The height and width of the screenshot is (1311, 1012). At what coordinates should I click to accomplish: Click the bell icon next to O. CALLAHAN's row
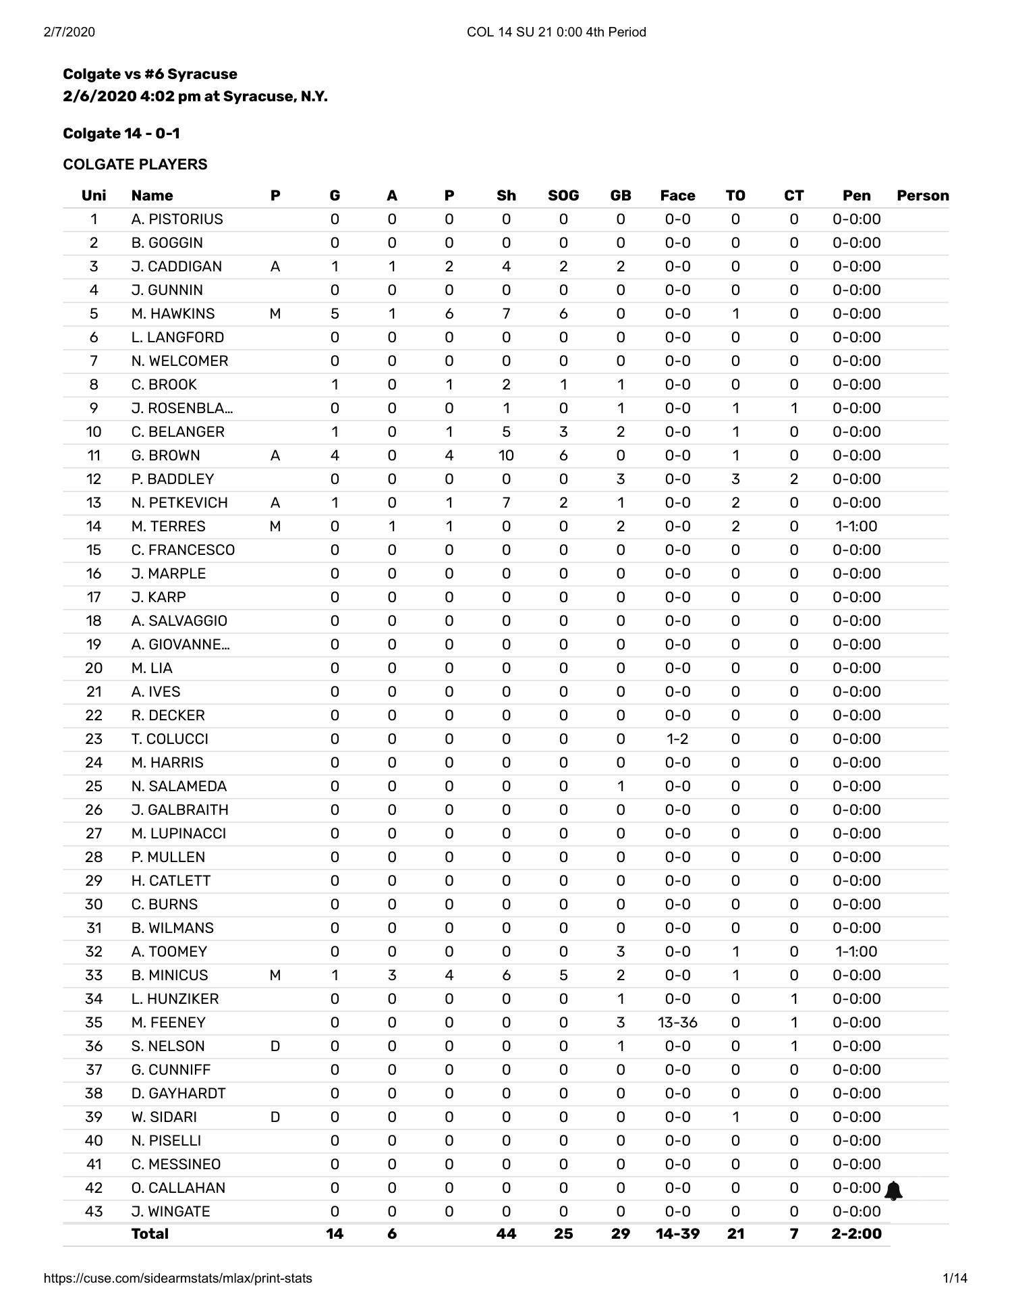pos(893,1191)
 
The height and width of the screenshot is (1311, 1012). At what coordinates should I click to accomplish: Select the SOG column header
pos(563,196)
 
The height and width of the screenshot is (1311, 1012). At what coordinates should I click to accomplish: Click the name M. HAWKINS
pos(173,314)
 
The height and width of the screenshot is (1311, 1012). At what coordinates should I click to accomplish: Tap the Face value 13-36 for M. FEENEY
pos(677,1023)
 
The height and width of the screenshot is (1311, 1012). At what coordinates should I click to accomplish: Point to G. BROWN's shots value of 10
pos(506,456)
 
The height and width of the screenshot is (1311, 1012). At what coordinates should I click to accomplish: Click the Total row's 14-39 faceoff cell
pos(677,1234)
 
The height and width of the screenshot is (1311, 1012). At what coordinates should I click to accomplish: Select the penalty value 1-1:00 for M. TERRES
pos(856,527)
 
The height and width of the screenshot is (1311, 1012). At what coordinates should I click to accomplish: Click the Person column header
pos(922,196)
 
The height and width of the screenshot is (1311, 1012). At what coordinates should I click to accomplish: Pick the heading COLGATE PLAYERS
pos(135,165)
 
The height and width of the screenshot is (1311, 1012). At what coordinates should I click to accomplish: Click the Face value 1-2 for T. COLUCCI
pos(677,739)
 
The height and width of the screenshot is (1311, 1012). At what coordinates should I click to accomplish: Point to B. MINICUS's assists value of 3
pos(392,975)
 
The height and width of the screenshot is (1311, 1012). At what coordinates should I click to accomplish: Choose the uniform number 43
pos(94,1212)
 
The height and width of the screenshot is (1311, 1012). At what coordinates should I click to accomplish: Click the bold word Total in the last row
pos(150,1234)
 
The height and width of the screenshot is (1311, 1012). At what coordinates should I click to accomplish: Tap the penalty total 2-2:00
pos(856,1234)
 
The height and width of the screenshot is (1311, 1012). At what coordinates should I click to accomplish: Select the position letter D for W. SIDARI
pos(275,1117)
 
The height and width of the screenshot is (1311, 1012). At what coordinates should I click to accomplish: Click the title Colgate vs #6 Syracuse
pos(150,74)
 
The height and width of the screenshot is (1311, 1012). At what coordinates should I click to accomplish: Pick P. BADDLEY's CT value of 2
pos(793,479)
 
